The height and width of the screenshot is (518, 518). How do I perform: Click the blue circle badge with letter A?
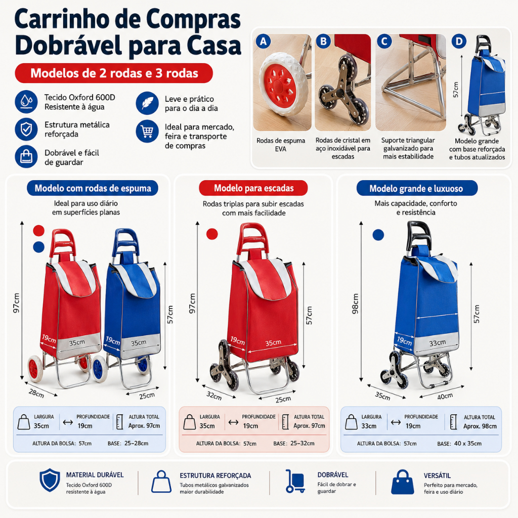[x=263, y=41]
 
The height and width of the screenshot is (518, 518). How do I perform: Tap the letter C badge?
[x=384, y=41]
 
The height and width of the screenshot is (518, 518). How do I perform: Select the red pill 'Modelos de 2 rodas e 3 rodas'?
[x=114, y=73]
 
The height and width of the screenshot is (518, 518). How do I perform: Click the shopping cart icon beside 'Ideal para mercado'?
[x=147, y=132]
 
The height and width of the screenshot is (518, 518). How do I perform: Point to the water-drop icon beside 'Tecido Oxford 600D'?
[x=26, y=102]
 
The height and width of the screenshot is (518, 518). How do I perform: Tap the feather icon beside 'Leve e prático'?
[x=147, y=103]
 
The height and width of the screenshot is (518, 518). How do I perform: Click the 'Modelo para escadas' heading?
[x=253, y=188]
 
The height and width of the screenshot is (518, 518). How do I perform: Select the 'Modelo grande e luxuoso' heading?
[x=417, y=188]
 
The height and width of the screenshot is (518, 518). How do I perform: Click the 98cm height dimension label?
[x=356, y=304]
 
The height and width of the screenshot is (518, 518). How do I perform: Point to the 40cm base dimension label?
[x=445, y=396]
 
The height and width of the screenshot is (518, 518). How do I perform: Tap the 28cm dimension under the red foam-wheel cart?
[x=36, y=394]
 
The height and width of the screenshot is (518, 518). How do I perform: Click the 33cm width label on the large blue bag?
[x=438, y=343]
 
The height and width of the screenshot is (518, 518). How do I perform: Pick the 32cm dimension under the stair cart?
[x=214, y=396]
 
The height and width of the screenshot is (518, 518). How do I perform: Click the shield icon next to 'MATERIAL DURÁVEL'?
[x=50, y=480]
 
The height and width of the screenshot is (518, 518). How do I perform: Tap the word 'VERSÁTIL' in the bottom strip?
[x=437, y=476]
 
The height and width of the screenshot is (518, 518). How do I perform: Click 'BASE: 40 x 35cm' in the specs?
[x=459, y=443]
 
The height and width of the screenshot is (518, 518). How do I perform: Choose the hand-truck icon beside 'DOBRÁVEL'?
[x=295, y=481]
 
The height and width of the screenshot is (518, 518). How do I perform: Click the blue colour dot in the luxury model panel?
[x=378, y=235]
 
